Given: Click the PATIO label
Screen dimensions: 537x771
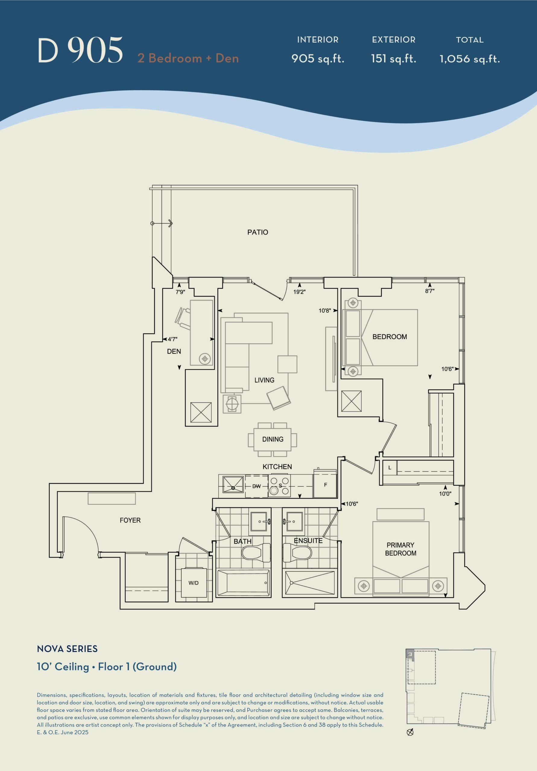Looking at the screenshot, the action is [x=257, y=232].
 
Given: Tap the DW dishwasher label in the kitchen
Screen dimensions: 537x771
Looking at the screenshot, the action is [x=257, y=486].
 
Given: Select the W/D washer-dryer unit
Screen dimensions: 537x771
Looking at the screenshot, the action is [x=193, y=582].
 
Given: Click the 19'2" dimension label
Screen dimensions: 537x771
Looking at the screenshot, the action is [x=299, y=292].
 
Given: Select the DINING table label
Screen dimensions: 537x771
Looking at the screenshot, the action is [x=273, y=439].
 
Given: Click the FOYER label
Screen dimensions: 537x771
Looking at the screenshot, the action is [x=130, y=520].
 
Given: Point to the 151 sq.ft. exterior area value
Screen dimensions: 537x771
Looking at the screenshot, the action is [x=393, y=59].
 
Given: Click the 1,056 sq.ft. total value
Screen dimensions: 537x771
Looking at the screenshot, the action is [x=470, y=59].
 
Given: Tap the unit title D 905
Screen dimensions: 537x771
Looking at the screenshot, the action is [x=80, y=50].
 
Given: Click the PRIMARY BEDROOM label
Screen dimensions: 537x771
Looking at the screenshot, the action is [x=400, y=549].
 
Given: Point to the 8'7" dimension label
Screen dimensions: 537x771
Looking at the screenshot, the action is [x=430, y=291].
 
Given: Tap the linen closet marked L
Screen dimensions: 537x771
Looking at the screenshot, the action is [x=390, y=468].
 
